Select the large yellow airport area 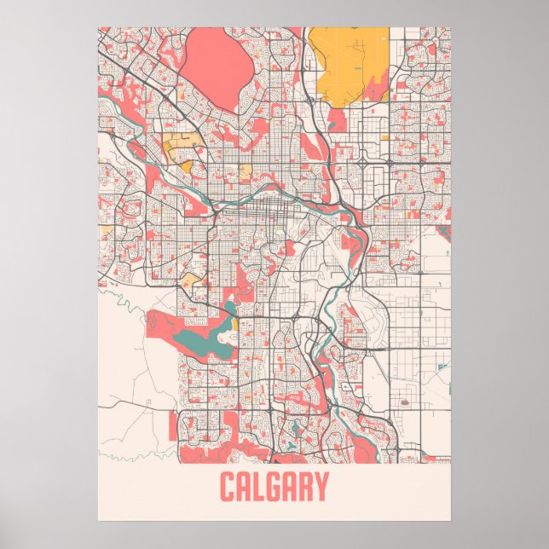click(x=350, y=64)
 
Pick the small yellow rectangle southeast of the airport click(x=385, y=136)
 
